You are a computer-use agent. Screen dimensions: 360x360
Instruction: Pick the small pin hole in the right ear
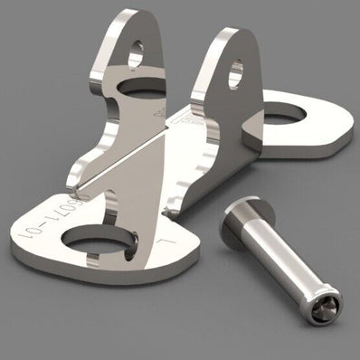tap(235, 72)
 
